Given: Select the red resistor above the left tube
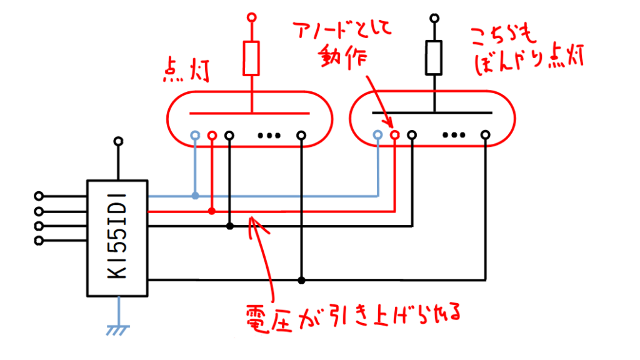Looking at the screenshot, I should coord(251,58).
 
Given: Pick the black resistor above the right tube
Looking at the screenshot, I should coord(432,58).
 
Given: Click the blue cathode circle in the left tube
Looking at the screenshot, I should coord(196,135).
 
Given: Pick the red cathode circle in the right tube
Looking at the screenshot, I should coord(394,134).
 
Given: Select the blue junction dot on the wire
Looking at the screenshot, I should coord(196,196).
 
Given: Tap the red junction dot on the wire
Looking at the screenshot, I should coord(212,211).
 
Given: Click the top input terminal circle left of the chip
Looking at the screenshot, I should coord(39,196).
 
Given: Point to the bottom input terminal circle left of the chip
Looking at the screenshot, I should coord(39,241).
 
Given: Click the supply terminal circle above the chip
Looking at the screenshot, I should coord(117,141).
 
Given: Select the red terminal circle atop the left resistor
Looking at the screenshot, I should coord(251,16).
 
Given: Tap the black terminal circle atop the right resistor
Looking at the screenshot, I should coord(432,16).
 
